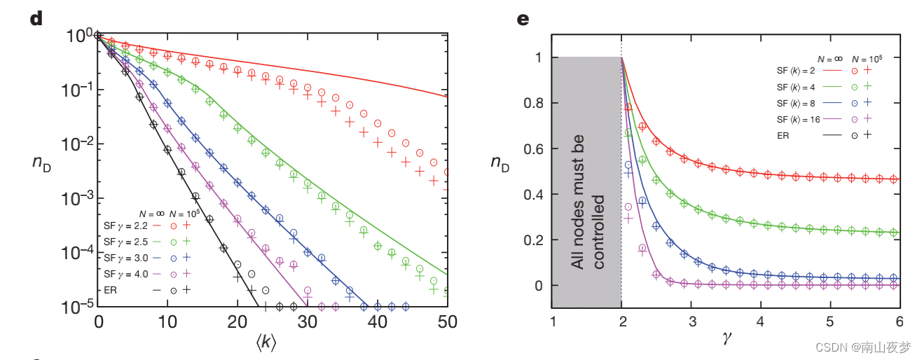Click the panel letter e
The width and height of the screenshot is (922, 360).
pyautogui.click(x=523, y=18)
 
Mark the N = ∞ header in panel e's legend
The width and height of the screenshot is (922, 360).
pyautogui.click(x=831, y=60)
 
